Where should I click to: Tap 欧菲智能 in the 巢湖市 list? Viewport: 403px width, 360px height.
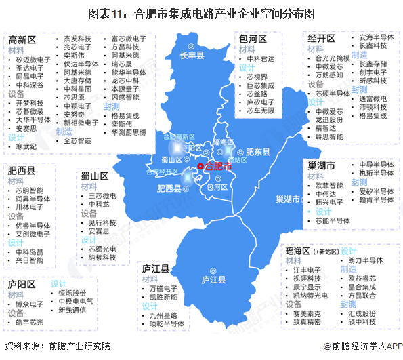[329, 185]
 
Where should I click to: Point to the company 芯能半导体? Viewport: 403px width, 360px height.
[333, 220]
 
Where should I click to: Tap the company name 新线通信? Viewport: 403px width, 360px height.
[72, 310]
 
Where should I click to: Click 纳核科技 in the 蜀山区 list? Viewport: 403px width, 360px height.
[102, 258]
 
